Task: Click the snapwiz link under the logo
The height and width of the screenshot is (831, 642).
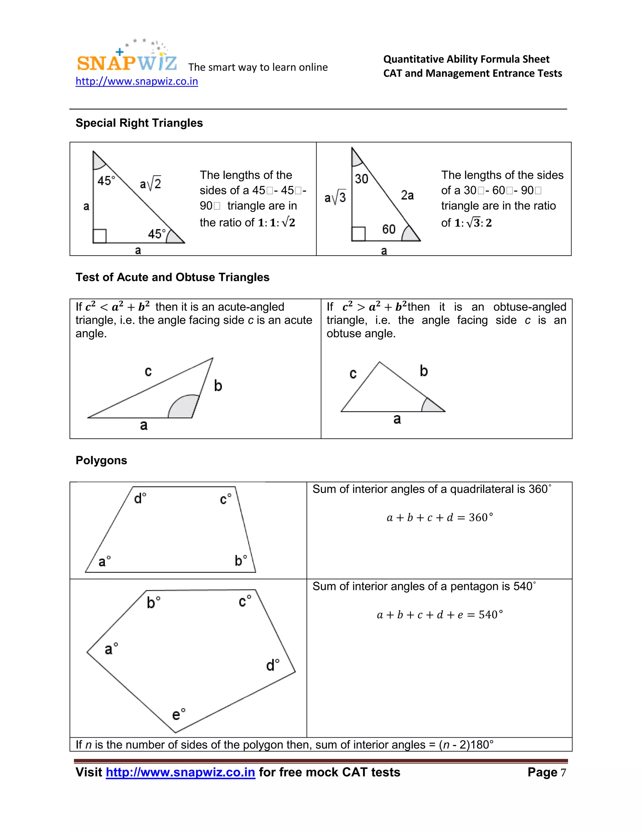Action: (x=137, y=82)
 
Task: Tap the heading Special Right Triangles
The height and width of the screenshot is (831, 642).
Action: (x=139, y=123)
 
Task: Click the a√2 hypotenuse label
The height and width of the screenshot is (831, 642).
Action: (x=150, y=184)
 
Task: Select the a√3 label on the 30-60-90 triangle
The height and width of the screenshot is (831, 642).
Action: (x=335, y=197)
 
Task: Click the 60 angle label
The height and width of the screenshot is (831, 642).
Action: (x=389, y=229)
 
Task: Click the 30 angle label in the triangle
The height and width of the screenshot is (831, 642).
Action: (x=361, y=179)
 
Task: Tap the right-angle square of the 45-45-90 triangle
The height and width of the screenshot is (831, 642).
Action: (x=100, y=236)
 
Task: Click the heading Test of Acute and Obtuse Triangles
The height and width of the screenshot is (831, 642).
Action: (x=172, y=277)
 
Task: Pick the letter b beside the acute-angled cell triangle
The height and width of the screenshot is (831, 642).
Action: (x=218, y=386)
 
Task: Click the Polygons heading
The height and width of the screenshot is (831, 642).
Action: (x=101, y=460)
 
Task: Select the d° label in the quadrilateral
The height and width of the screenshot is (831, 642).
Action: (x=140, y=498)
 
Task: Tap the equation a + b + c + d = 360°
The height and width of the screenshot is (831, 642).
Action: (x=440, y=517)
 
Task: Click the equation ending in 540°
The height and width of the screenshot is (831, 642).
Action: (x=440, y=615)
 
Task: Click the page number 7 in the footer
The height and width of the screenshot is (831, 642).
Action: (x=563, y=773)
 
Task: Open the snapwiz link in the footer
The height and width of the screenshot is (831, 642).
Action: (x=180, y=772)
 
